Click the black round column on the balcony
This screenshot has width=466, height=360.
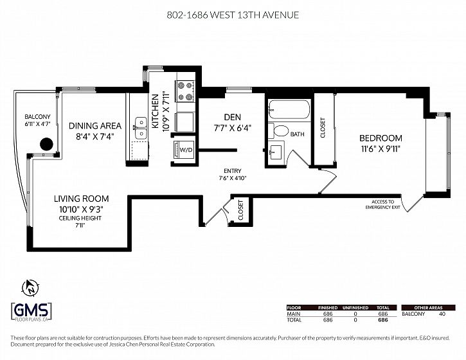click(x=46, y=144)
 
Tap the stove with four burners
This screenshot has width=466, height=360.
click(x=185, y=91)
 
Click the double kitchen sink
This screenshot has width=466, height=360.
click(x=141, y=128)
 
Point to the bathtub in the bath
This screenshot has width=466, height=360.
click(x=289, y=109)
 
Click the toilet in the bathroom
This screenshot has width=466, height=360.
click(x=278, y=131)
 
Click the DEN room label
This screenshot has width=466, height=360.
click(x=233, y=117)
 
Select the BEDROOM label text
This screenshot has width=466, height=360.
click(x=381, y=138)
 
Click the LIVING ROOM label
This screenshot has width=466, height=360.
click(x=81, y=199)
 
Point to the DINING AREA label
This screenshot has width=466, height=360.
click(x=95, y=126)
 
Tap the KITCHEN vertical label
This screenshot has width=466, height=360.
click(x=155, y=111)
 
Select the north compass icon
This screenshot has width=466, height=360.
click(x=30, y=288)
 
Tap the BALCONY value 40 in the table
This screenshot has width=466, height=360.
click(x=442, y=314)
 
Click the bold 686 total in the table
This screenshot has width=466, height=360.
click(x=383, y=320)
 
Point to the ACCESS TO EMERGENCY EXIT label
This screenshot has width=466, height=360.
click(x=383, y=204)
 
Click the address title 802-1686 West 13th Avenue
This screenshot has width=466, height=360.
click(x=233, y=15)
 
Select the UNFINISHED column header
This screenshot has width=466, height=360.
click(x=355, y=308)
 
